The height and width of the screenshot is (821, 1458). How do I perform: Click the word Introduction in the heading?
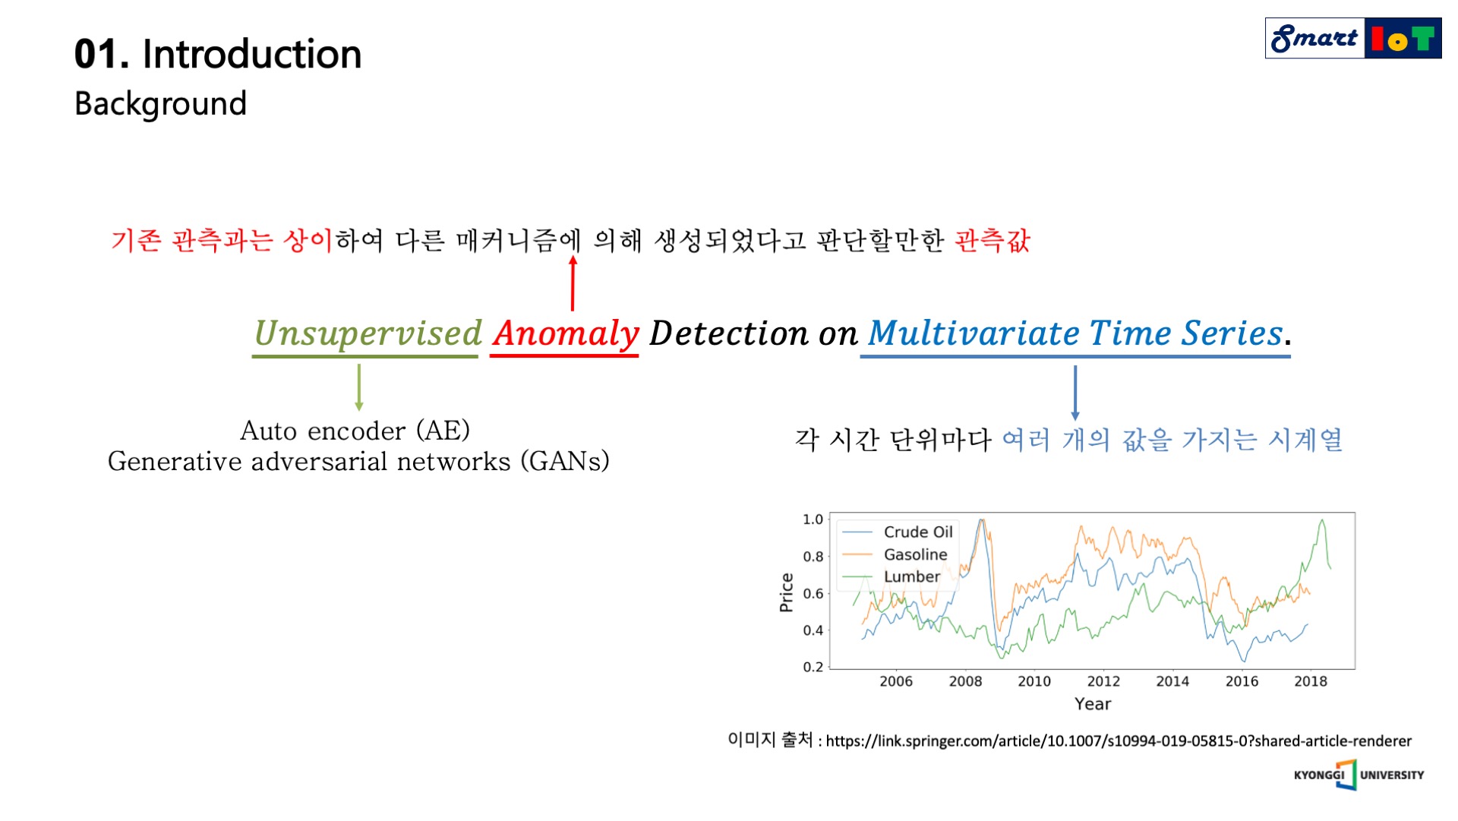(x=251, y=54)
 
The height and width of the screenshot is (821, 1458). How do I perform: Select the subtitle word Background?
(x=160, y=103)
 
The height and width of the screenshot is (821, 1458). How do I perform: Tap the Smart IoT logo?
(x=1352, y=38)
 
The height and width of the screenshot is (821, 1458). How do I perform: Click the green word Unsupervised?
(x=368, y=333)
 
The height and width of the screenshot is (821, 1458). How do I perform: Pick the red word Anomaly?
(x=566, y=333)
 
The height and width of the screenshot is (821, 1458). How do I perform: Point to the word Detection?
(x=728, y=333)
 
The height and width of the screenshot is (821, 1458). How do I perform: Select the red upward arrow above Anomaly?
(x=573, y=283)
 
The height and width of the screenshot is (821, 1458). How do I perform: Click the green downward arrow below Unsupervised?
(x=359, y=387)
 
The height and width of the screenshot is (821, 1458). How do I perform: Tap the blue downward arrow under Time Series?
(x=1075, y=392)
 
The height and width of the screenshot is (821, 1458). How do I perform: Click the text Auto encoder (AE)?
(x=355, y=431)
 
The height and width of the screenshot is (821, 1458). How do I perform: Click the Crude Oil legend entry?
(x=917, y=532)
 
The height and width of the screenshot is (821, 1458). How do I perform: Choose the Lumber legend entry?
(x=911, y=576)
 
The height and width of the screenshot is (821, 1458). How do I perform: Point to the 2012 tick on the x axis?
(x=1103, y=681)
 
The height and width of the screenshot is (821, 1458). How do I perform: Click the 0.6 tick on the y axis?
(x=813, y=593)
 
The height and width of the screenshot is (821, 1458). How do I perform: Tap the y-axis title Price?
(x=786, y=592)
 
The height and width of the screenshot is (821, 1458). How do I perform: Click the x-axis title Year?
(x=1092, y=703)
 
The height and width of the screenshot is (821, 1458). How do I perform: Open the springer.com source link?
(x=1118, y=740)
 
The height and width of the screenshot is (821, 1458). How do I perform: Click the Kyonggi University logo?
(x=1358, y=775)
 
